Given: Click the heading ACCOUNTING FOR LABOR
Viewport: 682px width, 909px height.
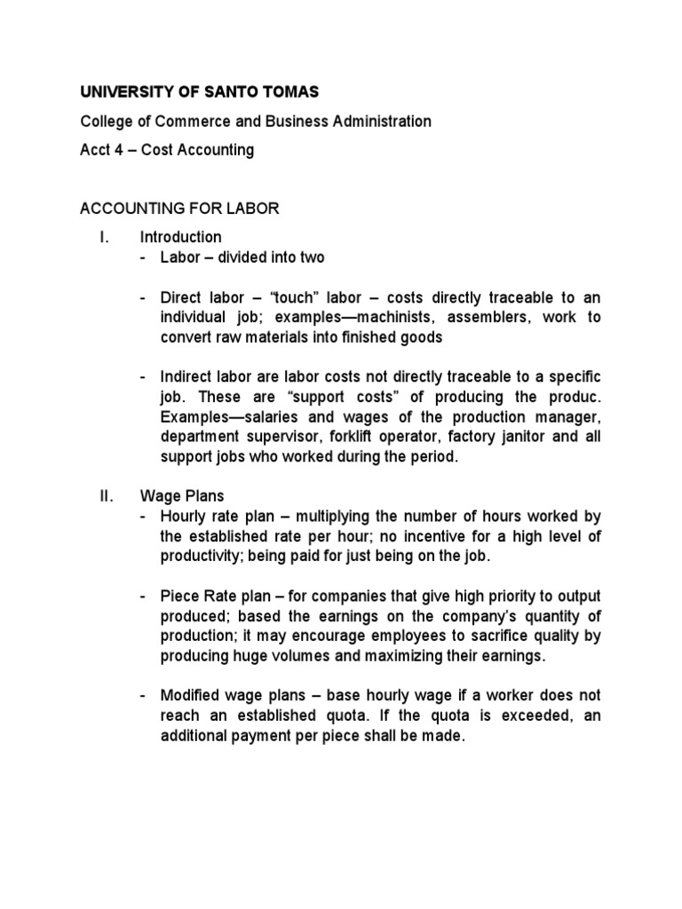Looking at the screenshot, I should click(179, 209).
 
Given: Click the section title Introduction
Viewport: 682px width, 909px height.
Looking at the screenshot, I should click(180, 237).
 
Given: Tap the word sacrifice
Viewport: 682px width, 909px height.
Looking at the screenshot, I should click(485, 636).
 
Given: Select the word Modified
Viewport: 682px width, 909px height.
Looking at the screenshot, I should click(192, 696).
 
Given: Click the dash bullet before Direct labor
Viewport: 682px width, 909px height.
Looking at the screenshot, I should click(144, 297).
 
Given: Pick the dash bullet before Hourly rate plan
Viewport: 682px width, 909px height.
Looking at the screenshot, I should click(144, 517).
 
